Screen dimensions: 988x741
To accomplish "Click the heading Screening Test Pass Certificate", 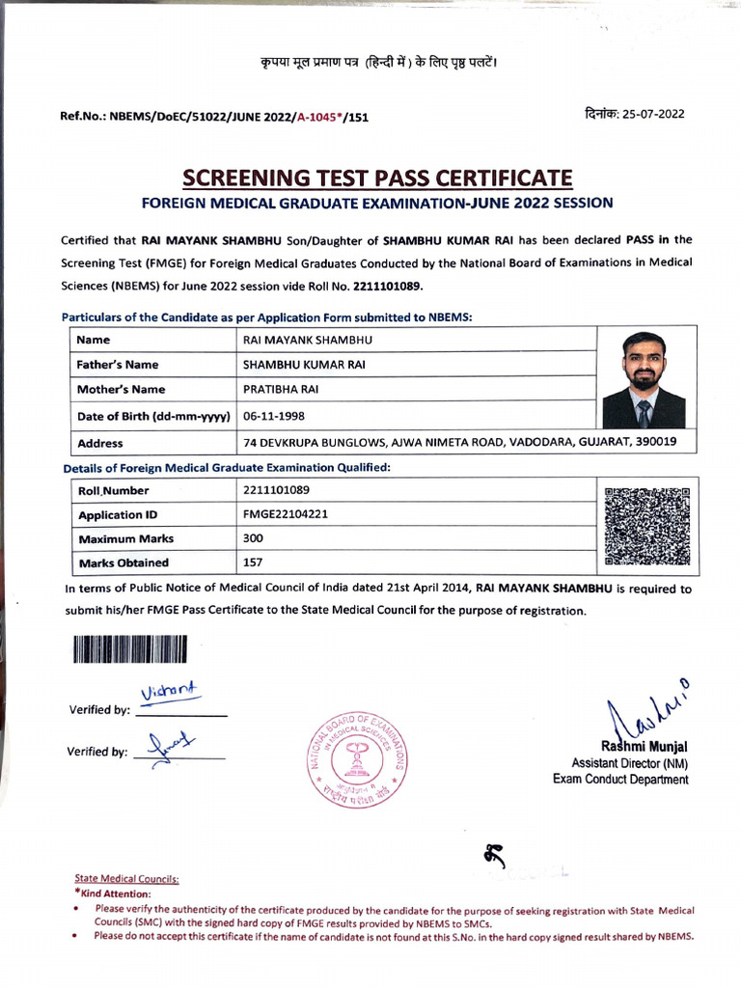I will (377, 178).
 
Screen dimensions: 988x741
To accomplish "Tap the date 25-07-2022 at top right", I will (634, 113).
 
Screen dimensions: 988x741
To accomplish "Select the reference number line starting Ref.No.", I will (214, 117).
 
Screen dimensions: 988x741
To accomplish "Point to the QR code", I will (646, 527).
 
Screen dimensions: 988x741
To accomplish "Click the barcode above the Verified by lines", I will (128, 649).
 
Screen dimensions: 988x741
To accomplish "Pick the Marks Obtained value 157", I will (254, 563).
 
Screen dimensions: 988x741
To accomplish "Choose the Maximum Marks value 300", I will (255, 538).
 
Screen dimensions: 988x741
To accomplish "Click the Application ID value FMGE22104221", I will (287, 514).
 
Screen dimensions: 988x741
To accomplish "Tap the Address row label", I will (99, 443).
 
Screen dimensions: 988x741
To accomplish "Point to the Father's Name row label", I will (118, 365).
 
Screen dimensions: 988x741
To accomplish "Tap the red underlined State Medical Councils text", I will (126, 879).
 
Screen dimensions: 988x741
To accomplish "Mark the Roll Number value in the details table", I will (277, 490).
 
